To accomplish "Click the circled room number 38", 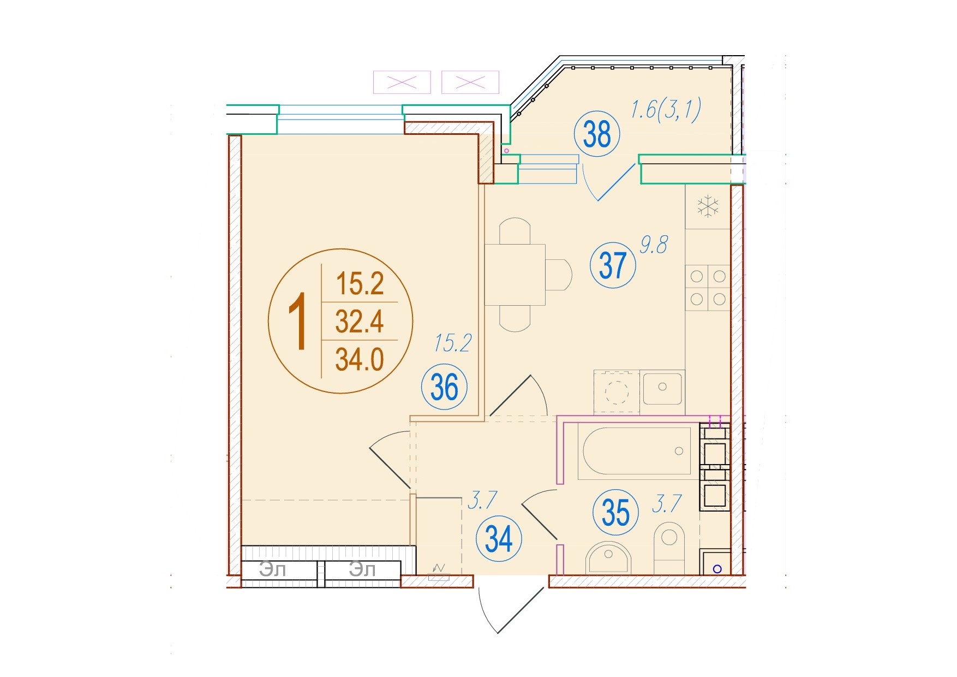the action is click(597, 134).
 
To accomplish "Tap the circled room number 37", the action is click(613, 265).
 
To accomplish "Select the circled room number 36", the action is click(444, 387).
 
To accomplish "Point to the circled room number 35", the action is click(615, 512).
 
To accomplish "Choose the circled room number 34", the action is click(499, 539).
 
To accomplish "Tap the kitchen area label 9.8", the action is click(654, 245).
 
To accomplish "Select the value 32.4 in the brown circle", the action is click(360, 321).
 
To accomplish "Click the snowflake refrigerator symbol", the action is click(708, 206).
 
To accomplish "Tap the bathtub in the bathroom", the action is click(637, 451).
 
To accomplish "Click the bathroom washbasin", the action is click(608, 557).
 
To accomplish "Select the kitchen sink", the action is click(662, 388).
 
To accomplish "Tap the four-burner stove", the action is click(708, 288).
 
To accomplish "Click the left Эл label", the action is click(272, 570).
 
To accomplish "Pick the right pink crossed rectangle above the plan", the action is click(470, 82).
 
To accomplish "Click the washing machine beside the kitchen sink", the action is click(617, 391).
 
